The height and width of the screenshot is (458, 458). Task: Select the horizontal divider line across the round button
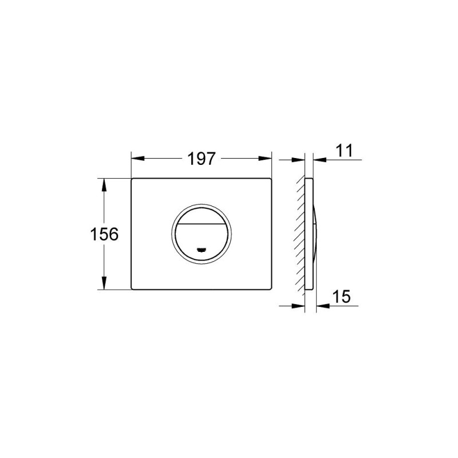click(201, 222)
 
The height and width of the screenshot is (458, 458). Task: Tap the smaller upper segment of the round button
click(201, 214)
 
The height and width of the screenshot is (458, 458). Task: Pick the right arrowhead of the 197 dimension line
click(266, 159)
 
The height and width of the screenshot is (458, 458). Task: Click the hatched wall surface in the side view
click(301, 235)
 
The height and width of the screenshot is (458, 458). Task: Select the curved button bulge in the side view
click(315, 235)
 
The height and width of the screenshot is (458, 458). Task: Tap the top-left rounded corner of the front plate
click(134, 180)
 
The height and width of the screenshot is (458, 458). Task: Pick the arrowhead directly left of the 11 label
click(318, 160)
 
